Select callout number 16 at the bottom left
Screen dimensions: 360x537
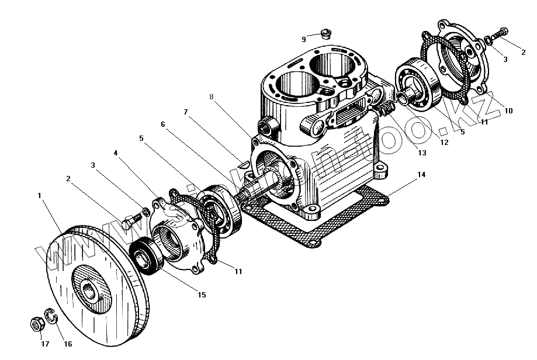tap(68, 344)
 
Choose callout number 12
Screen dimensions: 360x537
tap(445, 142)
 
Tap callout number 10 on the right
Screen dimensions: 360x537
tap(508, 110)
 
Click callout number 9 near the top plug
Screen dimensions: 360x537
tap(304, 39)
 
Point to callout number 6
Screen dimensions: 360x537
tap(162, 124)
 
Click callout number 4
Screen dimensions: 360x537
tap(116, 153)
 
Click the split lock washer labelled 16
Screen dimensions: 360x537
tap(51, 319)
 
